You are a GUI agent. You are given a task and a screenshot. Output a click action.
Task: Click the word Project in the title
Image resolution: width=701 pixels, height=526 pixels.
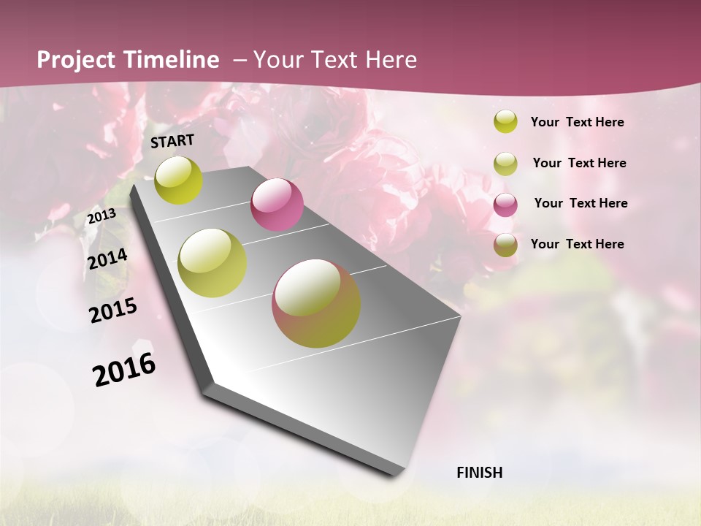[76, 61]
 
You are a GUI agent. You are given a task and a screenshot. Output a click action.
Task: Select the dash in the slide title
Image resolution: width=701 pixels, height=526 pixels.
[240, 60]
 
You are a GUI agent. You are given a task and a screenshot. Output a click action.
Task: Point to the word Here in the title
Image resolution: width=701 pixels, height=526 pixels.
[391, 60]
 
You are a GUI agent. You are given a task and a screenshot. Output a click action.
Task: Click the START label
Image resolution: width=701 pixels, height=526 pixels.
[172, 141]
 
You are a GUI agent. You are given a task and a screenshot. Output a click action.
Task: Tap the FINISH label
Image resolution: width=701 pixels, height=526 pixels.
[480, 473]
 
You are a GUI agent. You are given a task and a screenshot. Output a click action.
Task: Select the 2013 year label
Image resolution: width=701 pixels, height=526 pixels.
[101, 216]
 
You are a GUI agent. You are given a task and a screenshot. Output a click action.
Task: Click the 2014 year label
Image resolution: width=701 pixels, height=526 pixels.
[107, 259]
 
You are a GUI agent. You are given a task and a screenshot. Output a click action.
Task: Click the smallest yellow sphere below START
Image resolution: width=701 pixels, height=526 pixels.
[178, 180]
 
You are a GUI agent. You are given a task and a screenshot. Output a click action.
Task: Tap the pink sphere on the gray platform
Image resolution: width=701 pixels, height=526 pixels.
[277, 205]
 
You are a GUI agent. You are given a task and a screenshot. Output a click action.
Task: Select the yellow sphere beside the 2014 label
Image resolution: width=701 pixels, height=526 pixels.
[212, 263]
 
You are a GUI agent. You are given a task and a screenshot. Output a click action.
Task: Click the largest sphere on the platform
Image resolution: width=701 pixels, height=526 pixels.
[316, 303]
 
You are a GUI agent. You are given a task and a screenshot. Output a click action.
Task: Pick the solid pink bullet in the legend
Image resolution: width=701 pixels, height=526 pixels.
[505, 205]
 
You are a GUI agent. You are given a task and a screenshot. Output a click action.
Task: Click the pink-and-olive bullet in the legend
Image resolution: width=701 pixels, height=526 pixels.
[505, 245]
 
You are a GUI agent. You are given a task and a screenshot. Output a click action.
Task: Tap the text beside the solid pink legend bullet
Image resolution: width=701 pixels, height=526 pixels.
[581, 203]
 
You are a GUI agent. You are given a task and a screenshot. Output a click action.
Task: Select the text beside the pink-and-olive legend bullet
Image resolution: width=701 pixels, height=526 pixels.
[577, 244]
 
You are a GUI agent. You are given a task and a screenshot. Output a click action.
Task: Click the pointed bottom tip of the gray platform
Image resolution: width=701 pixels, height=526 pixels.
[398, 474]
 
